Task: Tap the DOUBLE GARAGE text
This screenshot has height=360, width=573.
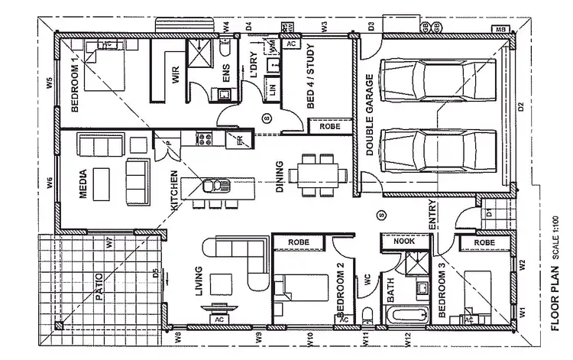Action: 369,115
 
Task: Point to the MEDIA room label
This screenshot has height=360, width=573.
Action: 83,184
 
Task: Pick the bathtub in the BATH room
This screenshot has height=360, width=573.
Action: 406,315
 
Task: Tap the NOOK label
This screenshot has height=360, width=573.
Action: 403,242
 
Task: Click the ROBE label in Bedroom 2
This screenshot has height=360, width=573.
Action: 299,242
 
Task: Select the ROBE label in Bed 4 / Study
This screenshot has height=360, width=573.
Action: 330,126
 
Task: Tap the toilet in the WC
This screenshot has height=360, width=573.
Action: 367,315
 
